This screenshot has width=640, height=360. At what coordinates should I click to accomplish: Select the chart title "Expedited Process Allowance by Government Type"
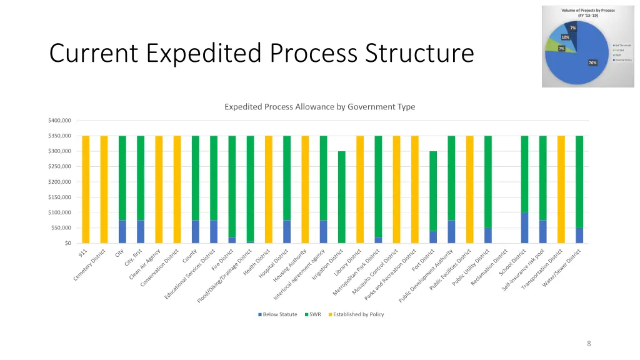[x=319, y=107]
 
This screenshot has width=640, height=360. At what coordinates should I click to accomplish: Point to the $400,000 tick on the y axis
[x=59, y=121]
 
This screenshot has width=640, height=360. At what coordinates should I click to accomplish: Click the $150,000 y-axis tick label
[x=59, y=197]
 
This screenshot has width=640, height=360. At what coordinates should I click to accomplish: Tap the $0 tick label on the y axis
[x=67, y=243]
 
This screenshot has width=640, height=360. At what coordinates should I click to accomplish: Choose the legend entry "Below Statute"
[x=278, y=314]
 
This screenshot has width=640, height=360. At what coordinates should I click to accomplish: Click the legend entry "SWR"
[x=313, y=314]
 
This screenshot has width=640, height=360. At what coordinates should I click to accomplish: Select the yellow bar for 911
[x=86, y=189]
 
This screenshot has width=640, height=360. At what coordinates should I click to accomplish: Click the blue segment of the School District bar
[x=524, y=228]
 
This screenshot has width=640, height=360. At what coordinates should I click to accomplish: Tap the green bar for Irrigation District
[x=342, y=197]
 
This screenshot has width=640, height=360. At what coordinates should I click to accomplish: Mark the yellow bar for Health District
[x=269, y=189]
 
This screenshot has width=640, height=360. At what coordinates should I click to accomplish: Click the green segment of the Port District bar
[x=433, y=191]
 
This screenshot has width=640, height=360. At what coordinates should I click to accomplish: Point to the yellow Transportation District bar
[x=561, y=189]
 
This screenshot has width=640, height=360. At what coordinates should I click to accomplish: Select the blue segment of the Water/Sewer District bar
[x=579, y=236]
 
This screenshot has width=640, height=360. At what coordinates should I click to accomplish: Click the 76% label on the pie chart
[x=592, y=62]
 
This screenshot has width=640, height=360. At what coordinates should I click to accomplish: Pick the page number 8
[x=589, y=343]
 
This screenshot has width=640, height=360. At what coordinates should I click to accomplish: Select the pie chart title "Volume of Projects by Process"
[x=578, y=9]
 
